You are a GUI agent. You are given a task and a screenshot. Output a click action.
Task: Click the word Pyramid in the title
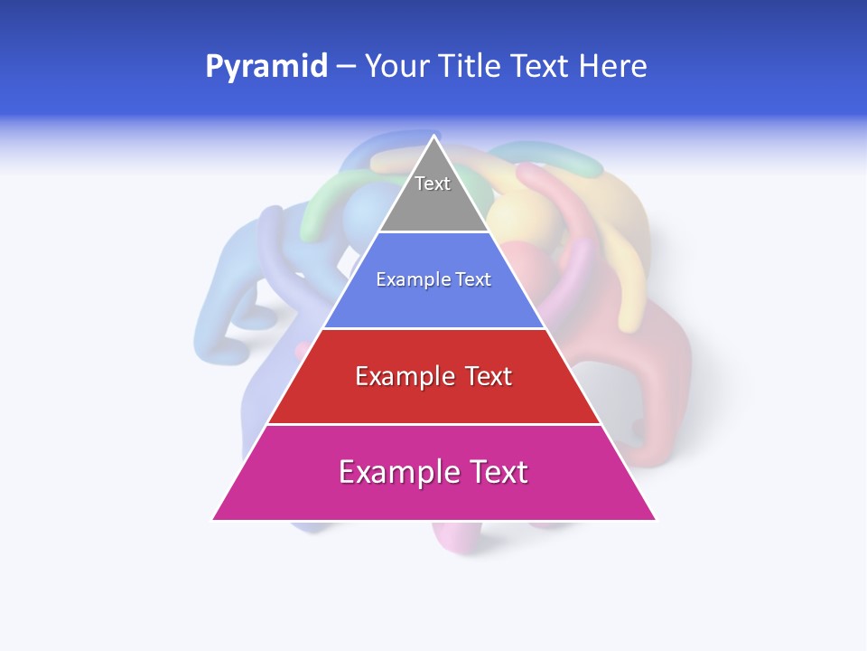tap(266, 66)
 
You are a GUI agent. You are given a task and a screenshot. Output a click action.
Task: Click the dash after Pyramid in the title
tap(346, 67)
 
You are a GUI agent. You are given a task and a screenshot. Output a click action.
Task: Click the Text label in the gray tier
tap(433, 184)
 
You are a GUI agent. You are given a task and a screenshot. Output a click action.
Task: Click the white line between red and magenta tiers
tap(433, 424)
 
